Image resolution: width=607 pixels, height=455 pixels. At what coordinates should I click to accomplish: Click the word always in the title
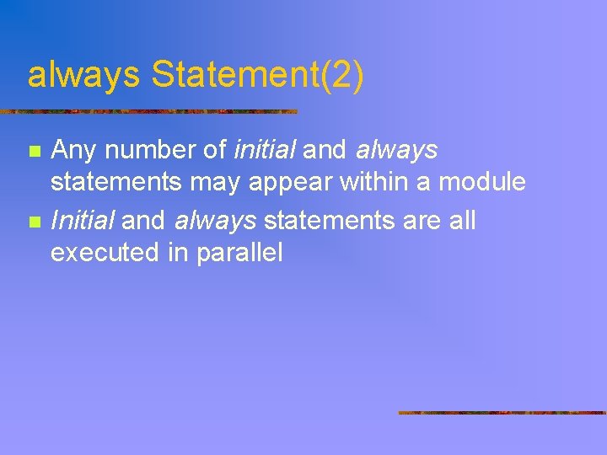pyautogui.click(x=83, y=76)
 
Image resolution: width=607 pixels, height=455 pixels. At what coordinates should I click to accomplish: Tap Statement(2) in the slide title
pyautogui.click(x=257, y=76)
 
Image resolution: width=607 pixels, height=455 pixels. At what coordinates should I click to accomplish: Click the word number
pyautogui.click(x=148, y=151)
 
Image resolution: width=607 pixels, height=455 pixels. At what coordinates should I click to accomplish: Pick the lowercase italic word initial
pyautogui.click(x=265, y=151)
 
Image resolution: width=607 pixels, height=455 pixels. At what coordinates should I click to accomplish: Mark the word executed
pyautogui.click(x=107, y=252)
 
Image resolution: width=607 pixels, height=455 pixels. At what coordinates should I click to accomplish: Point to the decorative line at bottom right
pyautogui.click(x=502, y=413)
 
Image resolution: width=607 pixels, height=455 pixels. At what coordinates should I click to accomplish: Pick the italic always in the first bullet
pyautogui.click(x=397, y=152)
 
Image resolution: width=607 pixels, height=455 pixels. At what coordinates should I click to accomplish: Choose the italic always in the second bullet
pyautogui.click(x=216, y=222)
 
